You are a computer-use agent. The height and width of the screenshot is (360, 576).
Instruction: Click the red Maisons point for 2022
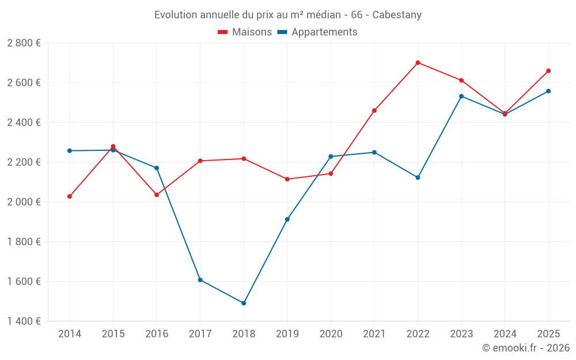[418, 63]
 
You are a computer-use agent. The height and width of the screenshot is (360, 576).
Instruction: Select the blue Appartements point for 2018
[244, 303]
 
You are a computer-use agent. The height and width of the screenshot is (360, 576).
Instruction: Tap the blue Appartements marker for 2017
[200, 280]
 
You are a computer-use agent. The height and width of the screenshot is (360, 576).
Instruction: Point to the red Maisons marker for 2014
[70, 196]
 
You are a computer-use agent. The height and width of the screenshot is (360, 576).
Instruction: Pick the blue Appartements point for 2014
[70, 151]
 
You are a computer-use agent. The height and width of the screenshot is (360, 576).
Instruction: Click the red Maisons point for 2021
[374, 111]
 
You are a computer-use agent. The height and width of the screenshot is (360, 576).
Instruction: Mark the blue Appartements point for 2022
[418, 177]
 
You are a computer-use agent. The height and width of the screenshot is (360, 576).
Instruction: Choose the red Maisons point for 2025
[548, 71]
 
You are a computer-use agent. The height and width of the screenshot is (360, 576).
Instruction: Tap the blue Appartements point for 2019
[287, 219]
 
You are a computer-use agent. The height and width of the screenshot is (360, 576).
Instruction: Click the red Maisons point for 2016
[157, 195]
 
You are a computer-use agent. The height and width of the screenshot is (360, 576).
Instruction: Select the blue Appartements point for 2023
[461, 96]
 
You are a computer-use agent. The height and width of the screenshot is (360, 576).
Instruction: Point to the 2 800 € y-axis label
[24, 43]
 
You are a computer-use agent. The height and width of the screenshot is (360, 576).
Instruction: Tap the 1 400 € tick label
[24, 321]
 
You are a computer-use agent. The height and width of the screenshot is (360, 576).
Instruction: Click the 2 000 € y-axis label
[24, 202]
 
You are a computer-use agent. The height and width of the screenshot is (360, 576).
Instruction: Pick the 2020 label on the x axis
[331, 334]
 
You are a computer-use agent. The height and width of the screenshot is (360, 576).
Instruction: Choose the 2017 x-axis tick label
[200, 334]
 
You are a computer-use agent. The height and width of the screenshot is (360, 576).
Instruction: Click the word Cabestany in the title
[397, 15]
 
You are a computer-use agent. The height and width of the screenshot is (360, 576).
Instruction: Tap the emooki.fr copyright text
[525, 348]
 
